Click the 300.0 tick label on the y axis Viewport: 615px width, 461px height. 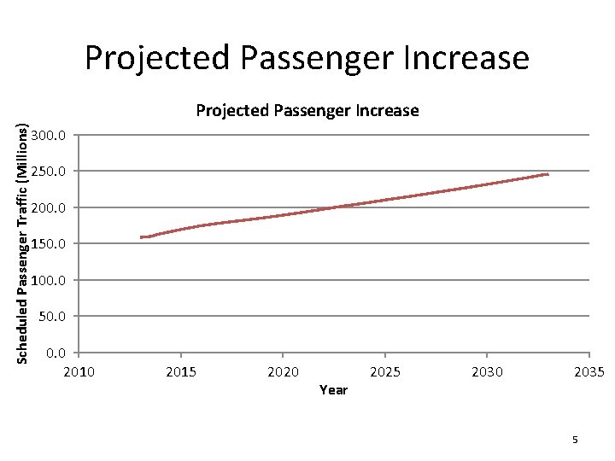pos(50,136)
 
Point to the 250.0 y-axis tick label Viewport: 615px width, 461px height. pos(50,172)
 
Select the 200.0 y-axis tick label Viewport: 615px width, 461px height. pos(50,208)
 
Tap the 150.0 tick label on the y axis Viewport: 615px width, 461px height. pos(50,245)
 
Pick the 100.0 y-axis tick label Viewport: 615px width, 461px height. pos(50,281)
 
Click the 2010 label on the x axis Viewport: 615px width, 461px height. pos(79,371)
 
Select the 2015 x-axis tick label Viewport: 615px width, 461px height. pos(181,371)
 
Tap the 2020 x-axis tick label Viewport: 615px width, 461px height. pos(283,371)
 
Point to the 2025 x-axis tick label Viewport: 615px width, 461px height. pos(385,371)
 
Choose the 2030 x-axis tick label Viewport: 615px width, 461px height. pos(487,371)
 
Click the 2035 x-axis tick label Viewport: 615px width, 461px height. pos(589,371)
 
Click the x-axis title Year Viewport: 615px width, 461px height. pos(333,390)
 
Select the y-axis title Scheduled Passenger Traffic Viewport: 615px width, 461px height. pos(23,239)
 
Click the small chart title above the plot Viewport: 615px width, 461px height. pos(307,110)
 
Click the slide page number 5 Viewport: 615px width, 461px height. pos(575,440)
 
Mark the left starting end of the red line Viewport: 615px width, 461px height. pos(142,237)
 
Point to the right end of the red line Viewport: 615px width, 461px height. pos(548,174)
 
